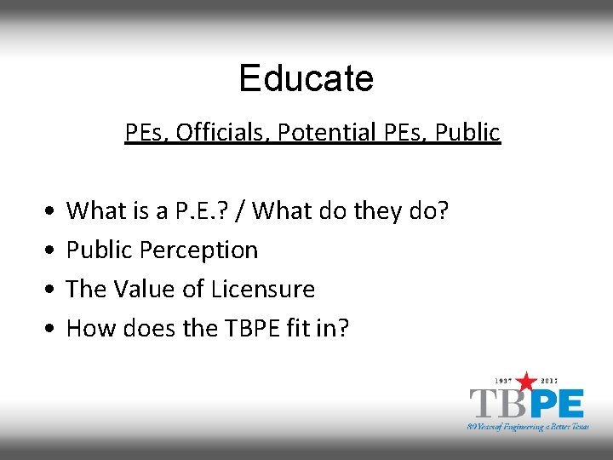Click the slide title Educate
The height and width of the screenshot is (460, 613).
306,78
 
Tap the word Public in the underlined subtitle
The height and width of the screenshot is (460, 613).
467,133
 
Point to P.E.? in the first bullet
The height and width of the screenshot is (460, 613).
210,210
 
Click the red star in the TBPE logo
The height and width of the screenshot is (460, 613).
528,382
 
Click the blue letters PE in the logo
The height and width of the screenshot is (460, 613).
553,403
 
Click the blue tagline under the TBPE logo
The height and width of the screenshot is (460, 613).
528,426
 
